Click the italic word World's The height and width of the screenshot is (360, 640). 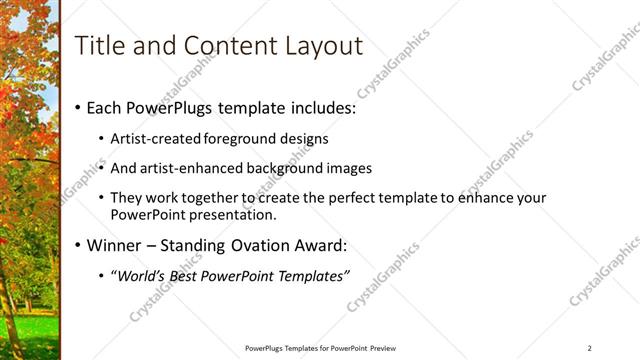pyautogui.click(x=138, y=276)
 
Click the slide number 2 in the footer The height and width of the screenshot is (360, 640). pyautogui.click(x=589, y=348)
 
